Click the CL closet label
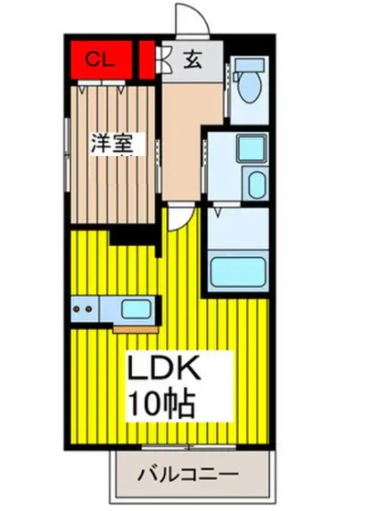point(98,60)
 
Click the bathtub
point(238,271)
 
